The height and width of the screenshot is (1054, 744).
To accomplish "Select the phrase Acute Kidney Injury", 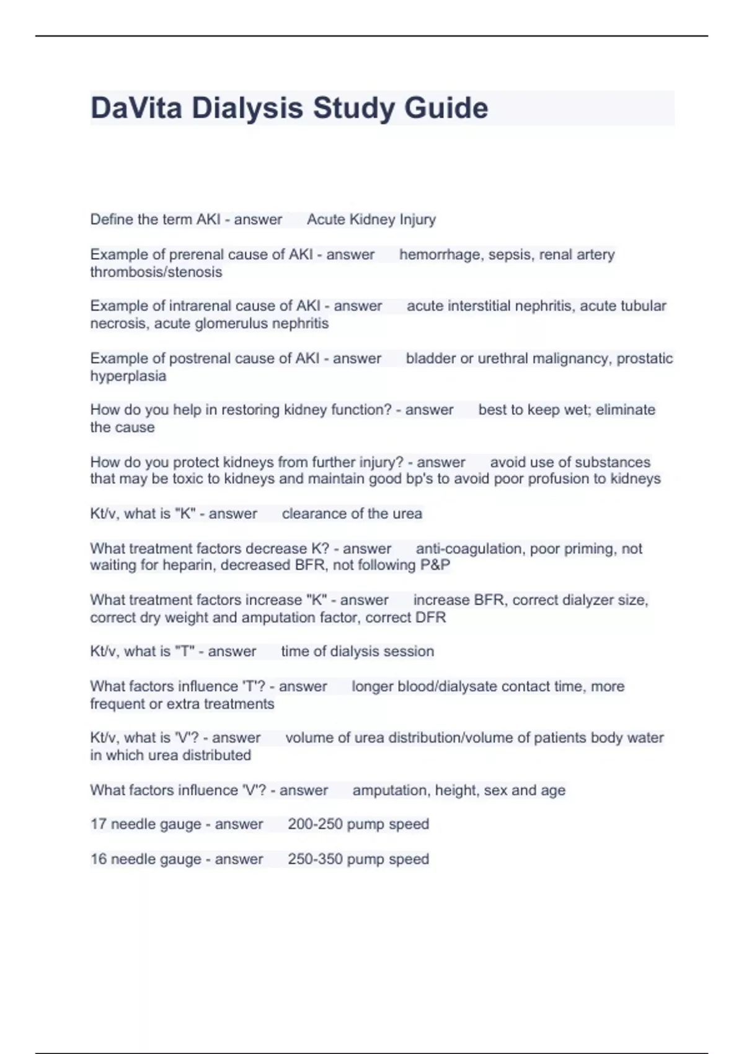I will click(371, 219).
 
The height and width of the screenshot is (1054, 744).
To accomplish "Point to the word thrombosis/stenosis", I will click(156, 272).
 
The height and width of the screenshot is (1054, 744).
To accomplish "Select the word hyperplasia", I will click(128, 376).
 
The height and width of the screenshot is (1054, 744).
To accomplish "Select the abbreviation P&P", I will click(435, 565).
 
